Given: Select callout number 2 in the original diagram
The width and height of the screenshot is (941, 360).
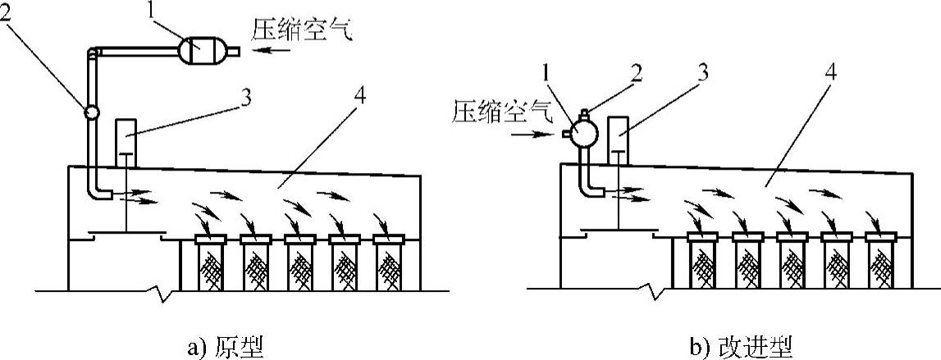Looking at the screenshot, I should pyautogui.click(x=10, y=14).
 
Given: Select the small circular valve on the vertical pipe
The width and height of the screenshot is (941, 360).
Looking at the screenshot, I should pyautogui.click(x=89, y=111).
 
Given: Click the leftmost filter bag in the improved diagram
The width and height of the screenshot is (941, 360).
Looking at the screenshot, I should pyautogui.click(x=704, y=263).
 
